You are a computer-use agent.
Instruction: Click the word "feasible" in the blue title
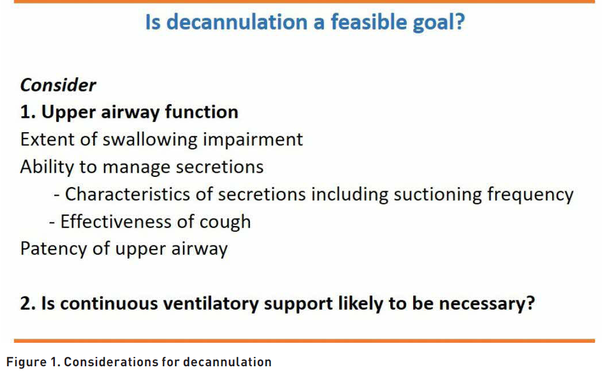(368, 22)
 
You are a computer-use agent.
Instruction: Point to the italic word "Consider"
(58, 85)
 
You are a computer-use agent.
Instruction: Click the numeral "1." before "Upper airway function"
(27, 112)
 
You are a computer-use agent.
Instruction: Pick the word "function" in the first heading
(201, 112)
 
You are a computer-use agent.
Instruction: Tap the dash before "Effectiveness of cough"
(52, 223)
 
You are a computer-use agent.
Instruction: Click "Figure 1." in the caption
(33, 362)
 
